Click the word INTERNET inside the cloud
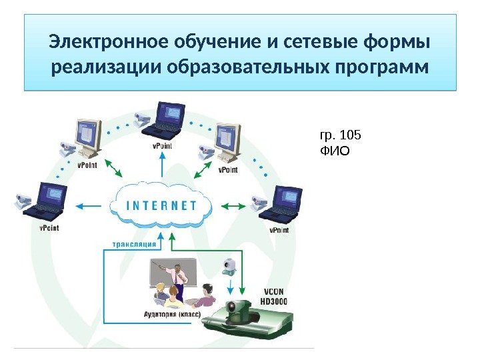pyautogui.click(x=161, y=205)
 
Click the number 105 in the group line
pyautogui.click(x=349, y=135)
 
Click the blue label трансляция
pyautogui.click(x=135, y=244)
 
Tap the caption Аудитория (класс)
pyautogui.click(x=172, y=313)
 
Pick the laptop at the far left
pyautogui.click(x=47, y=201)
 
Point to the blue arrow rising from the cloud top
pyautogui.click(x=161, y=167)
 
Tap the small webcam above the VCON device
pyautogui.click(x=229, y=267)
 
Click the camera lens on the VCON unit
pyautogui.click(x=236, y=309)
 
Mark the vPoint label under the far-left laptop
pyautogui.click(x=49, y=228)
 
